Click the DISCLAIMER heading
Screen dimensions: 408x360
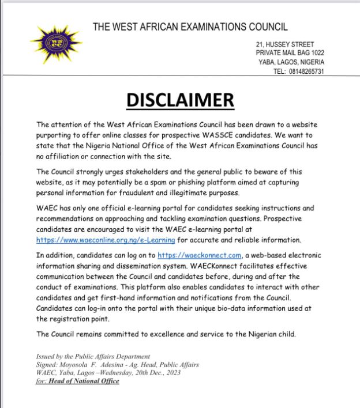[x=180, y=100]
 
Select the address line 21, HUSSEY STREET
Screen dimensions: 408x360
[x=286, y=44]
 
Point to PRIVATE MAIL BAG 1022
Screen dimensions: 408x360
[x=290, y=53]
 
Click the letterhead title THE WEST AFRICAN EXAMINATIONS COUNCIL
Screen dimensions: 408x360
[x=190, y=27]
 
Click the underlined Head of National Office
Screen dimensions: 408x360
[x=84, y=381]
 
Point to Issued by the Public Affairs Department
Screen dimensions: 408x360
[x=93, y=357]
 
